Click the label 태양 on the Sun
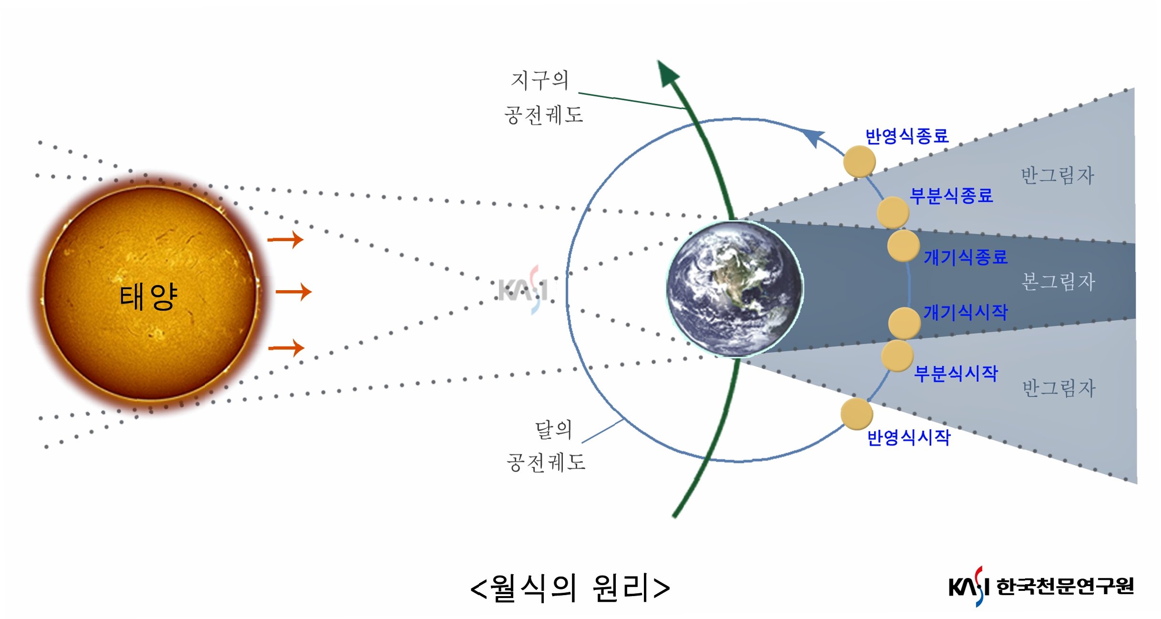(x=148, y=296)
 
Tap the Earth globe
(x=735, y=289)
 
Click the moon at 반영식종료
(x=859, y=161)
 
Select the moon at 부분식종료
(x=893, y=213)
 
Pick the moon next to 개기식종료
(x=903, y=246)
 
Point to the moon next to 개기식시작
(x=904, y=323)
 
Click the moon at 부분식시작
(x=897, y=356)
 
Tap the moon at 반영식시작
(x=857, y=414)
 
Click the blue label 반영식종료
(x=907, y=136)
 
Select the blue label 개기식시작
(x=965, y=313)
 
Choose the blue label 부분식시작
(x=955, y=373)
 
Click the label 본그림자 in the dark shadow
(x=1058, y=282)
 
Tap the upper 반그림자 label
(x=1057, y=176)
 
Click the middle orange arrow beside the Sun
(x=294, y=292)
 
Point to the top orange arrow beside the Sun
(x=286, y=240)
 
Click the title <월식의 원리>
(x=570, y=588)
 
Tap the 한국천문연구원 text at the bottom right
(x=1065, y=587)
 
